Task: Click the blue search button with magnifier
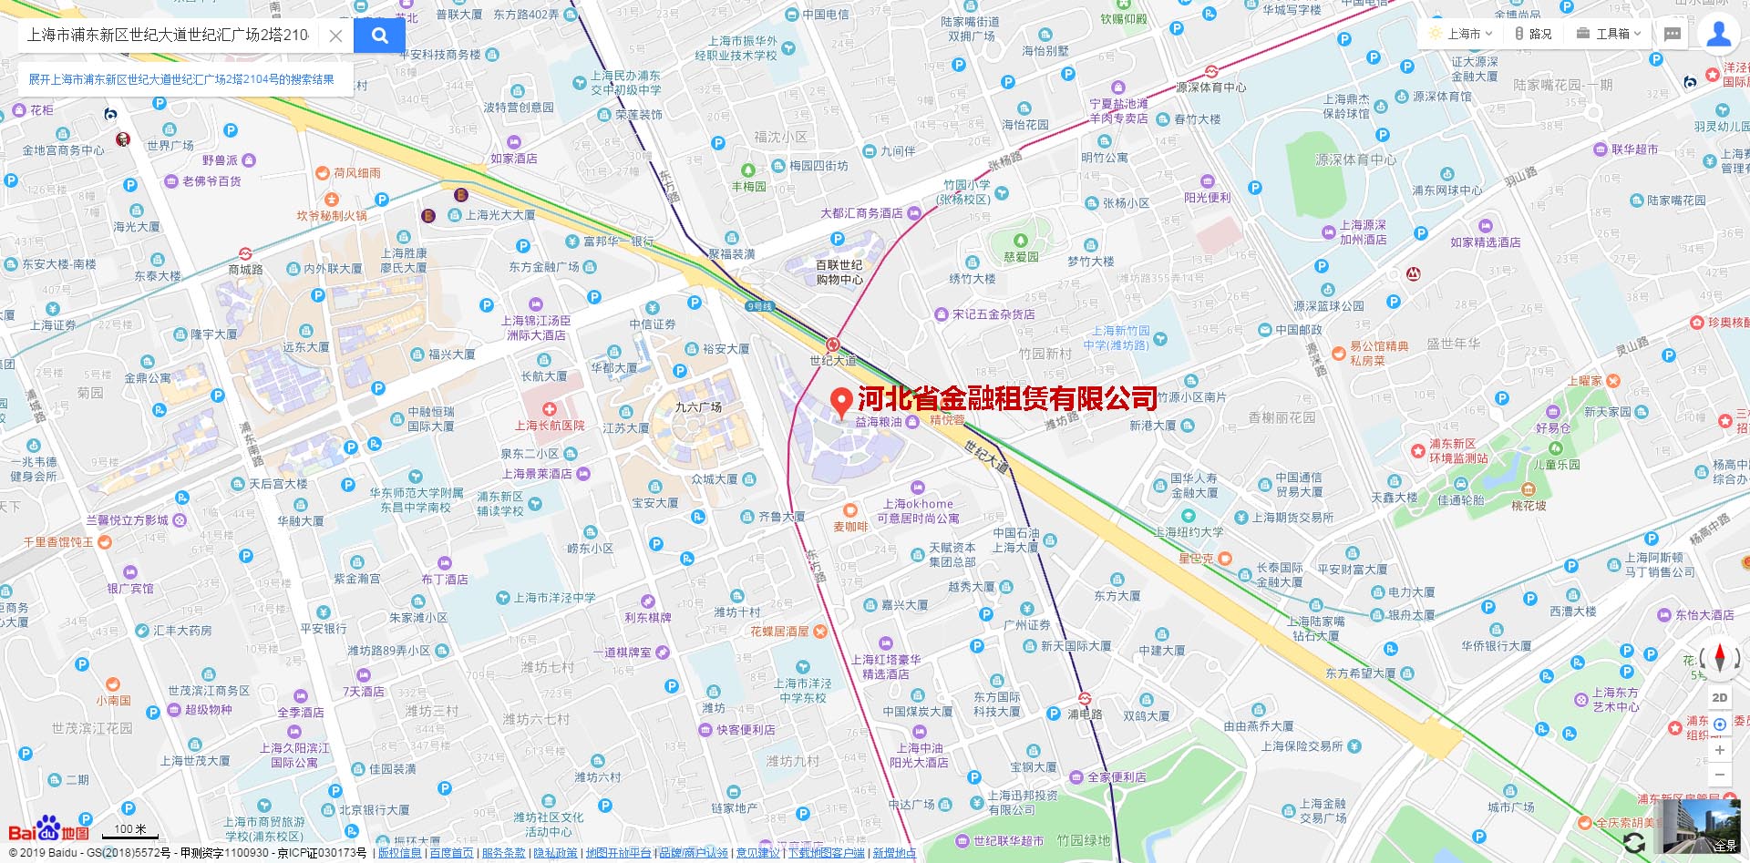tap(379, 36)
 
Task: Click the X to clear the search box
tap(335, 36)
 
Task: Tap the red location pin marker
tap(842, 401)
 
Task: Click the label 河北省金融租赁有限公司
tap(1007, 398)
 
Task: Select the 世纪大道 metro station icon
tap(832, 344)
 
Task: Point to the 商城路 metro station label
tap(245, 269)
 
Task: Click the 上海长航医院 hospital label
tap(550, 425)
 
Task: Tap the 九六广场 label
tap(698, 406)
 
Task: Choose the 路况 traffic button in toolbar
tap(1533, 34)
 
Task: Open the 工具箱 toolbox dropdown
tap(1610, 34)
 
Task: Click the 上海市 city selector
tap(1461, 34)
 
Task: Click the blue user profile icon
tap(1719, 34)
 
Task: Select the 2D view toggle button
tap(1720, 697)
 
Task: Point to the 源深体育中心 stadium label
tap(1354, 159)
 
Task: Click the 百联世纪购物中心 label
tap(839, 272)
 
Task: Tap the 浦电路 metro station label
tap(1085, 714)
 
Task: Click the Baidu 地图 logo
tap(49, 830)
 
